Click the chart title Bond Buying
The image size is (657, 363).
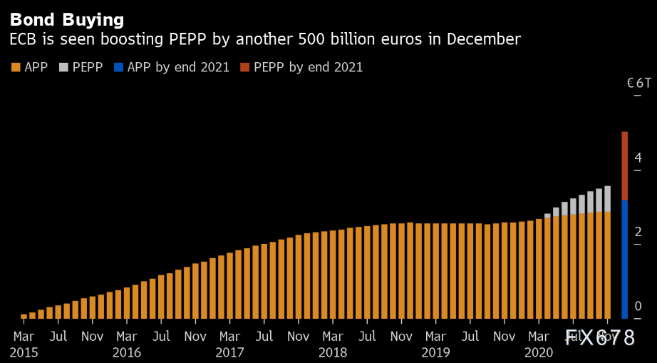tap(67, 19)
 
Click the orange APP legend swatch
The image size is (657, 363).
tap(16, 68)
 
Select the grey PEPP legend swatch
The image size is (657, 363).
tap(63, 68)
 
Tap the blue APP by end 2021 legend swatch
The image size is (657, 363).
tap(118, 68)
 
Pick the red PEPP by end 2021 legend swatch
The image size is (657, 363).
tap(244, 68)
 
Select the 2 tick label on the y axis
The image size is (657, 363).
tap(638, 232)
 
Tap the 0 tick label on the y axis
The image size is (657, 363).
tap(638, 307)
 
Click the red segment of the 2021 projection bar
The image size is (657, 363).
tap(624, 165)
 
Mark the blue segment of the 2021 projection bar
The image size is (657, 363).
tap(624, 259)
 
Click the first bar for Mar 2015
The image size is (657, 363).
tap(24, 316)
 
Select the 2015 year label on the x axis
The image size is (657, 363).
tap(24, 352)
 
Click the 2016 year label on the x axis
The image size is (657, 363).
tap(127, 352)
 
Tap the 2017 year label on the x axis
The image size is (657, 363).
tap(229, 352)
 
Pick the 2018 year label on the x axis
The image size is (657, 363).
tap(333, 352)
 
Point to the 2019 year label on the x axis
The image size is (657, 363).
tap(435, 352)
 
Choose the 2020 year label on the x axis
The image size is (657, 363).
tap(539, 352)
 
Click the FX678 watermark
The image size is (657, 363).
tap(599, 338)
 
